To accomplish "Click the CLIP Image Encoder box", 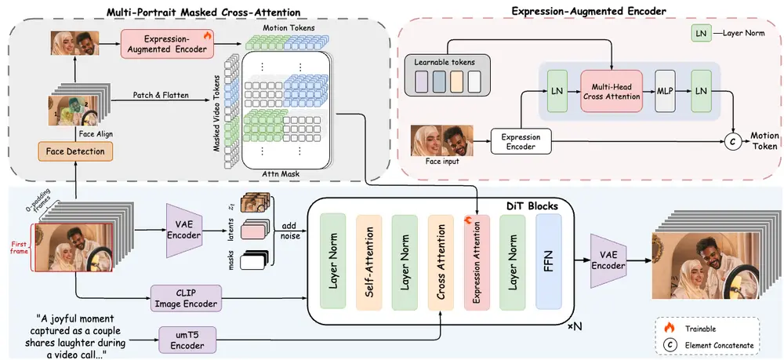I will click(185, 298).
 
